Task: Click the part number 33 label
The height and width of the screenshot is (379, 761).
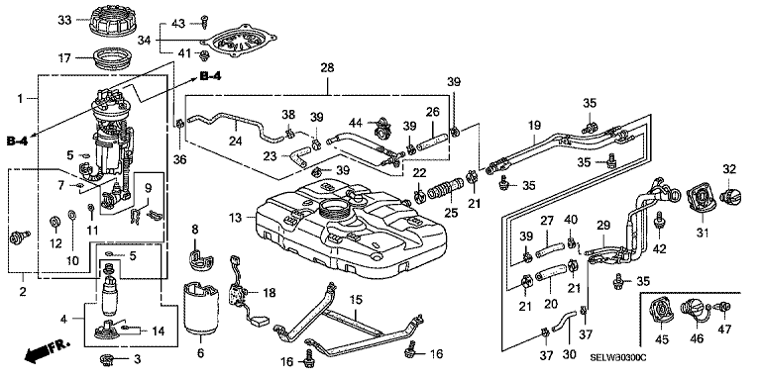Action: (x=64, y=20)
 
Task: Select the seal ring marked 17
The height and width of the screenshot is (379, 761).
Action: (x=112, y=59)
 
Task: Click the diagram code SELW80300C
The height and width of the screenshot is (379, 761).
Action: (x=618, y=358)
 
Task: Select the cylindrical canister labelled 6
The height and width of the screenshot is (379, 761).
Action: (x=201, y=309)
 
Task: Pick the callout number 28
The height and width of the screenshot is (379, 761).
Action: (x=328, y=67)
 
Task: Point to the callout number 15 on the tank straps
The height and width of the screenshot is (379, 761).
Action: (x=357, y=300)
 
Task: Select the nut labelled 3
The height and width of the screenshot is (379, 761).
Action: (x=106, y=359)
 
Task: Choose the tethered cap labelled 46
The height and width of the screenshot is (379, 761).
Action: (x=696, y=310)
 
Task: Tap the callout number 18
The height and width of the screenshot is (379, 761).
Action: (x=269, y=293)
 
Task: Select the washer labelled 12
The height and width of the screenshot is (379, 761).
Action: (x=55, y=223)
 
